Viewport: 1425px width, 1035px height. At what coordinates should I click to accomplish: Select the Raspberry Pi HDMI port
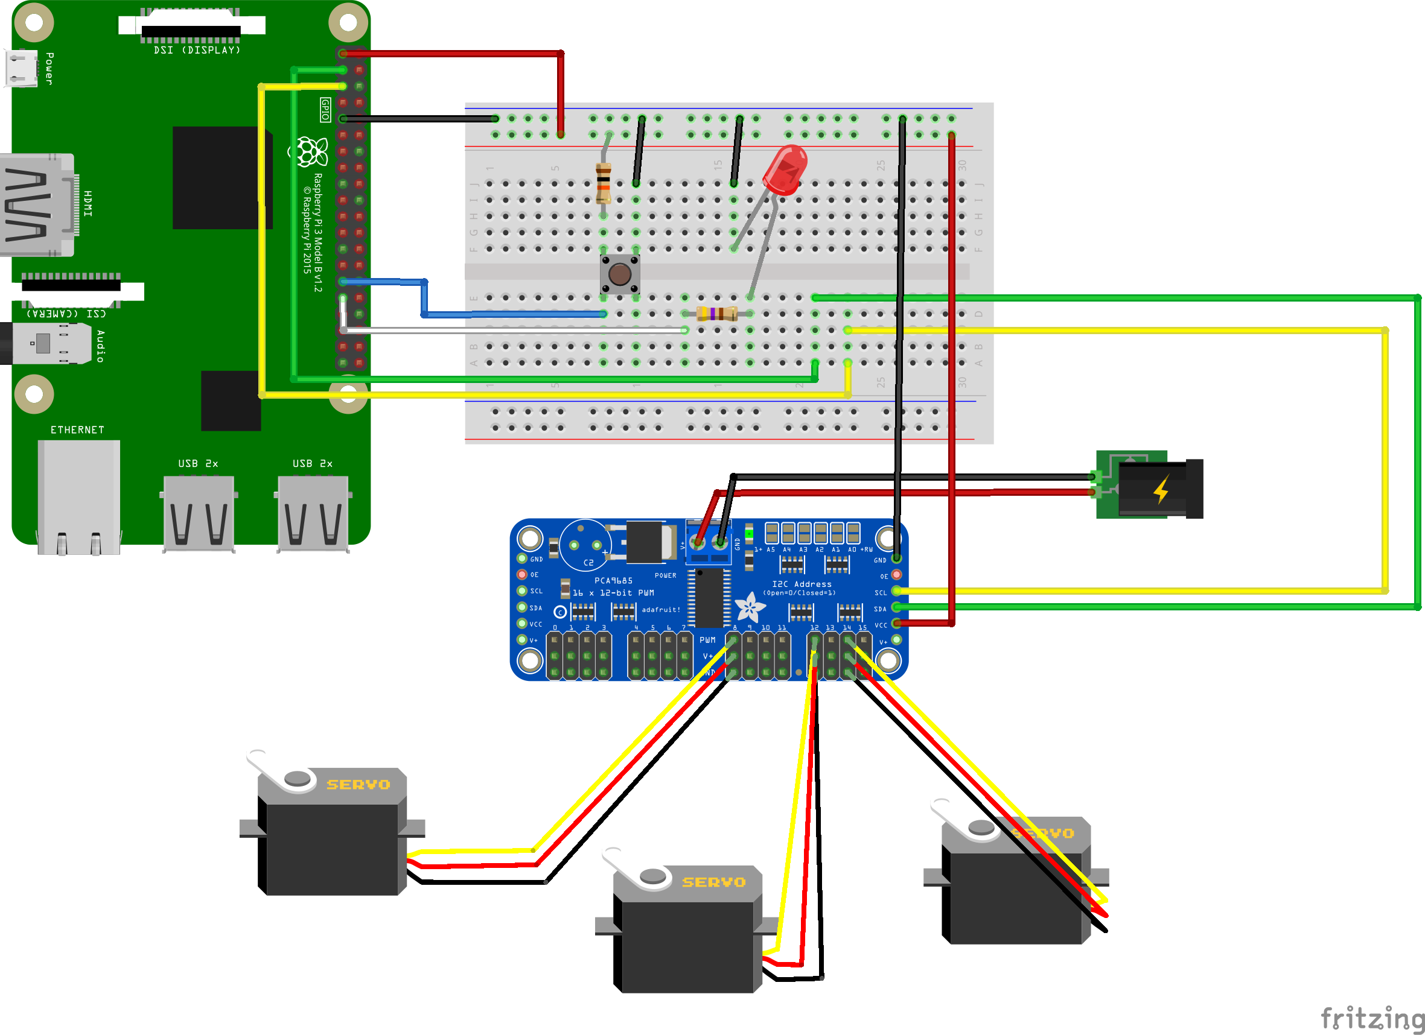point(37,204)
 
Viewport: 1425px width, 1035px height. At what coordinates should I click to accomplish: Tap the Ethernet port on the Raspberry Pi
point(78,496)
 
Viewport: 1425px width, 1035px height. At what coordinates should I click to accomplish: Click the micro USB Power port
point(21,68)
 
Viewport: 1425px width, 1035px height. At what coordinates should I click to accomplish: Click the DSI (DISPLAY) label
point(197,50)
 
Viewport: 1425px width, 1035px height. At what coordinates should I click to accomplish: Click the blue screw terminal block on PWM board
point(708,542)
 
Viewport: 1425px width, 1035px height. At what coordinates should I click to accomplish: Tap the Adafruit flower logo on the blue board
point(750,607)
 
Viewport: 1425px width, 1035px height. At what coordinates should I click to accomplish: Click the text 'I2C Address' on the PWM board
point(802,584)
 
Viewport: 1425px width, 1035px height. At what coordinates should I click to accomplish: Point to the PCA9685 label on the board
point(613,580)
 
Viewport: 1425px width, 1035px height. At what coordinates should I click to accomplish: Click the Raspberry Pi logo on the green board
point(310,151)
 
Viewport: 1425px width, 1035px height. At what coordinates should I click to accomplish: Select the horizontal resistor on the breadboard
point(717,314)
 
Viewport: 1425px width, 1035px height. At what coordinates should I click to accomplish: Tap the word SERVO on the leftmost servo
point(358,785)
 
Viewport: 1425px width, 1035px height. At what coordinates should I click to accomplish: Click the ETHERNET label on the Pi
point(77,429)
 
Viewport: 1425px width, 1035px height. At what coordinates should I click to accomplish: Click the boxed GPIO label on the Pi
point(325,109)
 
